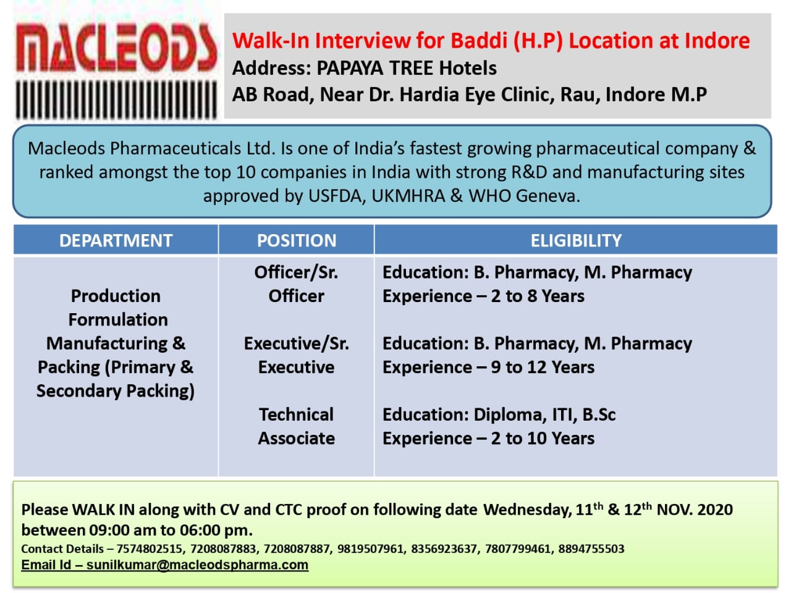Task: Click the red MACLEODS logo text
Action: [116, 48]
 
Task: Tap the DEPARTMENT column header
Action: [116, 240]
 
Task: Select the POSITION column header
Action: [297, 240]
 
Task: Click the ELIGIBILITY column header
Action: [576, 240]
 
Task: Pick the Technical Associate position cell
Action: [297, 426]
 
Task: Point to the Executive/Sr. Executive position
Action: [297, 355]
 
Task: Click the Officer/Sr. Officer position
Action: [297, 284]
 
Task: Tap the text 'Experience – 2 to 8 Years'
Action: [483, 296]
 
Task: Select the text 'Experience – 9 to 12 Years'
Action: [488, 368]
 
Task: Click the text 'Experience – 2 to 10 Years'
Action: [488, 439]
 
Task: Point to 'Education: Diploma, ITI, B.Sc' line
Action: [499, 414]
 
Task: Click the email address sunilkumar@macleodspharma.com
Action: [197, 565]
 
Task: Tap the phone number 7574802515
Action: [150, 549]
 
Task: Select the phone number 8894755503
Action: [591, 549]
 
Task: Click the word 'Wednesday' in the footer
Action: [527, 510]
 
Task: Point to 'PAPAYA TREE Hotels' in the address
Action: [407, 68]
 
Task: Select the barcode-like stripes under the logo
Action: [116, 99]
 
